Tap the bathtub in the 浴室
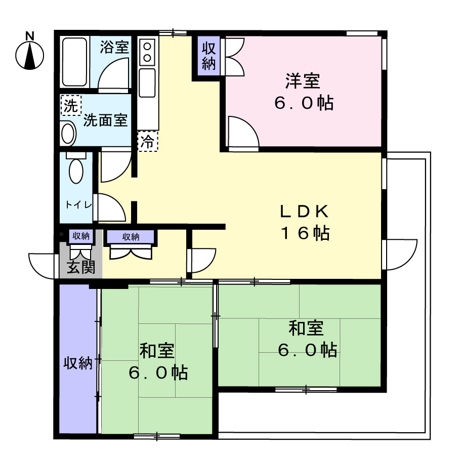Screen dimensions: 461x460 point(75,62)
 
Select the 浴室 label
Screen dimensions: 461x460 point(114,47)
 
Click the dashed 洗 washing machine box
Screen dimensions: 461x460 point(70,105)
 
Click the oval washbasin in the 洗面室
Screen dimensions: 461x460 point(68,133)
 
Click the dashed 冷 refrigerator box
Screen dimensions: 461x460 point(148,141)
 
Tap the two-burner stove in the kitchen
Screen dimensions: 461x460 point(147,52)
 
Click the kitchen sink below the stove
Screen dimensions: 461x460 point(147,83)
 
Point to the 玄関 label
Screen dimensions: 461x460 point(81,267)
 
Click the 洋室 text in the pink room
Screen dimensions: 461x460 point(303,81)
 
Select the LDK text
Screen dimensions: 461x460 point(304,212)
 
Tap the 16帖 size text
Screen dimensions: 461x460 point(306,233)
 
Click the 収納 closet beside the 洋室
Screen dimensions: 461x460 point(209,56)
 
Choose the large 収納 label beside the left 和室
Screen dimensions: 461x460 point(78,363)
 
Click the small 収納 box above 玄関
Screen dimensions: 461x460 point(81,236)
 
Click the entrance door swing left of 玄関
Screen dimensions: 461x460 point(42,266)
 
